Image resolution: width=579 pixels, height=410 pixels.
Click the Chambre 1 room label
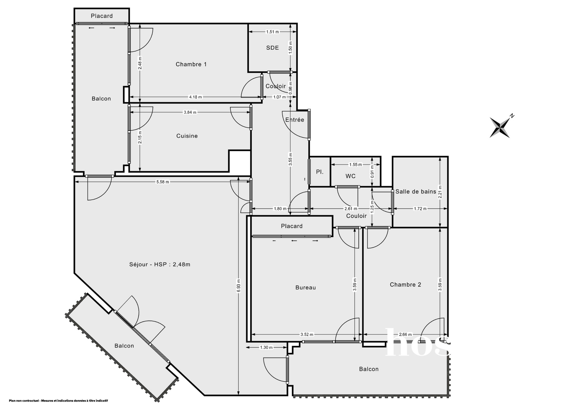(x=191, y=64)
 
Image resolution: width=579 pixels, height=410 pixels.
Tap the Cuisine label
(x=187, y=136)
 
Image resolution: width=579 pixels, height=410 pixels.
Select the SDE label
(x=273, y=48)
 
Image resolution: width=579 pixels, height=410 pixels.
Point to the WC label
(x=350, y=176)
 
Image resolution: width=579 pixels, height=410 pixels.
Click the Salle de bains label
(x=416, y=192)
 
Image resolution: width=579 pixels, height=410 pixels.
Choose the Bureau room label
(x=305, y=288)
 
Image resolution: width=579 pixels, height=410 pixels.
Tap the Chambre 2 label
(x=405, y=285)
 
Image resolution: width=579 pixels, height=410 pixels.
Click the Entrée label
(x=295, y=120)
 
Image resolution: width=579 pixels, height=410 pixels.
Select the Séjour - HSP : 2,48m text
(x=160, y=264)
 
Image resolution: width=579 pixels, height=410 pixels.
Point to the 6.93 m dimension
(x=239, y=285)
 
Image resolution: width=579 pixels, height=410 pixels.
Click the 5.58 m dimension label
(x=163, y=182)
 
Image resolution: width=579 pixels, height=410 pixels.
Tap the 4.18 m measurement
(x=195, y=97)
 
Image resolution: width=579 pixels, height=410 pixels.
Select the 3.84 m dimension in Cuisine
(x=190, y=112)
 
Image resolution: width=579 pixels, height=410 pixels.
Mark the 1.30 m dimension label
(x=266, y=348)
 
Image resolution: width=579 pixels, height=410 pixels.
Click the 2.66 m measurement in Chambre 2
(x=405, y=335)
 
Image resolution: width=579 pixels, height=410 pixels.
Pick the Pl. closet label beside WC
(x=320, y=172)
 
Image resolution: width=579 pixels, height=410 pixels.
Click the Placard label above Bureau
(x=292, y=226)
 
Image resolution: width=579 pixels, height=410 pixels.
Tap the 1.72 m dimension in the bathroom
(x=420, y=209)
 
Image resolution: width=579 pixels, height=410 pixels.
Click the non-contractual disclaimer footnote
(x=59, y=401)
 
